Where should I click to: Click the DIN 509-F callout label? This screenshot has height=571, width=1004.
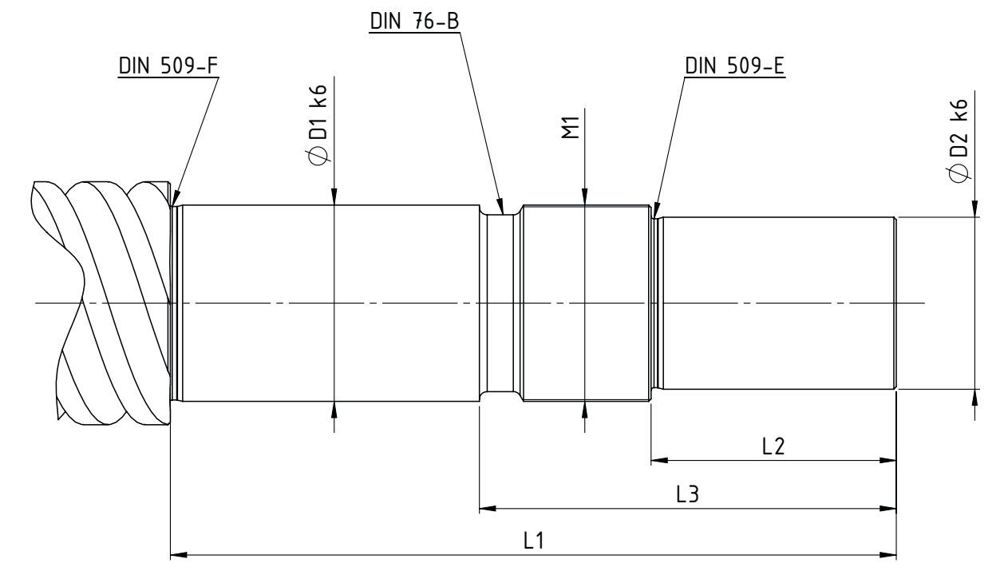[168, 65]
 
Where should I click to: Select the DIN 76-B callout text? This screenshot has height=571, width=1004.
[414, 21]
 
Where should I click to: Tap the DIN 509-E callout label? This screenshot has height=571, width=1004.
[734, 65]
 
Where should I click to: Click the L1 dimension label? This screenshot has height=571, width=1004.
[533, 541]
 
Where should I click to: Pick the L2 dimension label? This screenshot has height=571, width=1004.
[773, 446]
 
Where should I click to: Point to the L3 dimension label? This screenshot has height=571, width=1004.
[687, 494]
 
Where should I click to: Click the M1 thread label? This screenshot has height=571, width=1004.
[571, 128]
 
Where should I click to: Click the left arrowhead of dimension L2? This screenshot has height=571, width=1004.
[659, 460]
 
